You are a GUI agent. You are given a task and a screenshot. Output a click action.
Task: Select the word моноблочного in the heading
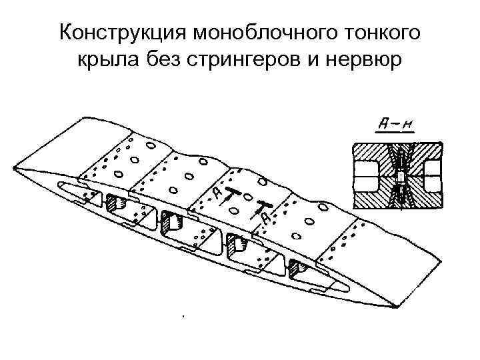pos(261,33)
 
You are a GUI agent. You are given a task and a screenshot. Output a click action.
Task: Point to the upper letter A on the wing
pos(218,193)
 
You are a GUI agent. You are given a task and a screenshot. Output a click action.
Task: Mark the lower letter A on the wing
pos(265,217)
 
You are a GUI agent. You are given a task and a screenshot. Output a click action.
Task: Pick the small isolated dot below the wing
pos(181,315)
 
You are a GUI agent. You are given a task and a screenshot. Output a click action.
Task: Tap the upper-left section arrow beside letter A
pos(230,194)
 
